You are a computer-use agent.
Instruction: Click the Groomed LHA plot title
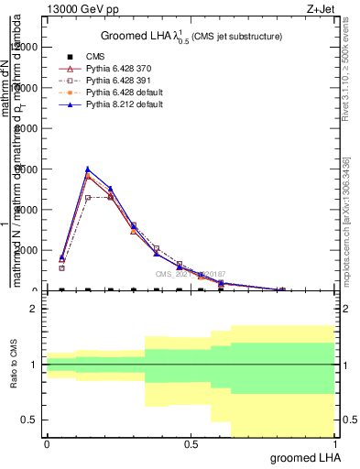coord(191,36)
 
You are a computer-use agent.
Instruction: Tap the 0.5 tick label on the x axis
coord(191,444)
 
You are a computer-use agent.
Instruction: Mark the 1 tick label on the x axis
coord(334,444)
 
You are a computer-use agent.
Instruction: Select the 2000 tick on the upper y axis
coord(26,250)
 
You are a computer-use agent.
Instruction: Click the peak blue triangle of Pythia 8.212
coord(87,169)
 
